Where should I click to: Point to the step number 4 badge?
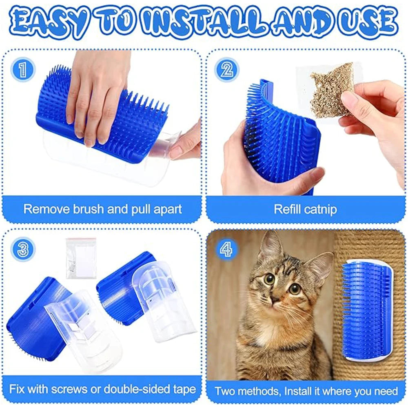click(x=227, y=248)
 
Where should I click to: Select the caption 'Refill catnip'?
click(x=305, y=210)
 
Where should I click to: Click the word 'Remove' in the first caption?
click(x=44, y=210)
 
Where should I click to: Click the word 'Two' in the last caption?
click(x=226, y=391)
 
